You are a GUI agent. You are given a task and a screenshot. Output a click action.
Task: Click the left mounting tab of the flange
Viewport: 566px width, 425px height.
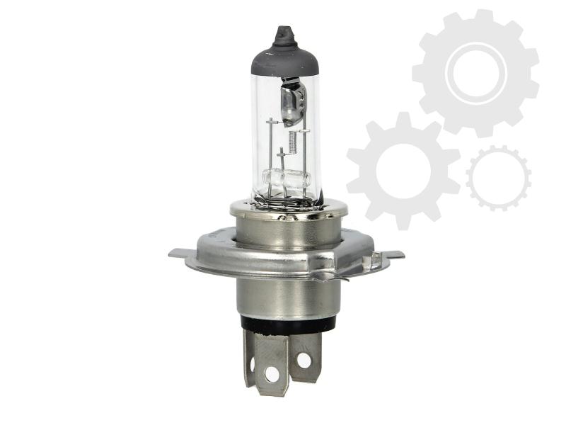click(180, 252)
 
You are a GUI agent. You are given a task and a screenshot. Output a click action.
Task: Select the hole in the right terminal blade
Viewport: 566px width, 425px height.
click(304, 360)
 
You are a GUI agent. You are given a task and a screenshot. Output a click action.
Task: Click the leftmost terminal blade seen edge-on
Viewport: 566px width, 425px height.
click(248, 358)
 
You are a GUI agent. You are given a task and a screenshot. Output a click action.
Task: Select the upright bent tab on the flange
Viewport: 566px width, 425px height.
click(368, 262)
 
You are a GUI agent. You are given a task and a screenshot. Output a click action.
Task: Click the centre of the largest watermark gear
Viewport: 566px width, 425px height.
click(475, 72)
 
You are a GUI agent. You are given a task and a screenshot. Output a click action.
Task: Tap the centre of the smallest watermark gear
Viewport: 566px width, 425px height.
click(498, 177)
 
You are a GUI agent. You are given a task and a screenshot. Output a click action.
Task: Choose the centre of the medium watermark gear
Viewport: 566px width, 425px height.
click(403, 170)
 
